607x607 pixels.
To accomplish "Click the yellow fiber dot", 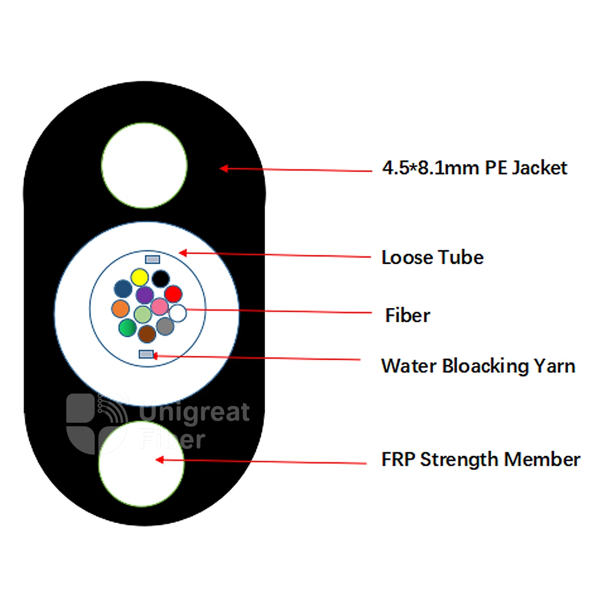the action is point(140,277).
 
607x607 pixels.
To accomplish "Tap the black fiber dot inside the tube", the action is point(161,279).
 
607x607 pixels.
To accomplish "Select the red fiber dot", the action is point(174,294).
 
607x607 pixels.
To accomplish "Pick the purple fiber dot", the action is point(145,295).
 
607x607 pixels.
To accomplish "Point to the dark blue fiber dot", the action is point(123,288).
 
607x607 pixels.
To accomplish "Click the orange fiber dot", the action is point(120,309).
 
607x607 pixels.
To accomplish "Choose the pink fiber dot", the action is point(160,306).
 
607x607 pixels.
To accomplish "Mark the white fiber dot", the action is point(178,313).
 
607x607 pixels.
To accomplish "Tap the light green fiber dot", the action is point(143,314).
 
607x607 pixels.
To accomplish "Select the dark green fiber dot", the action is point(127,328).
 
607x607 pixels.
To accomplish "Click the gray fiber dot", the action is point(165,326).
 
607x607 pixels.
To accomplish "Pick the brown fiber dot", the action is point(147,334).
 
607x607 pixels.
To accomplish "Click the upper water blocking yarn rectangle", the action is point(152,259).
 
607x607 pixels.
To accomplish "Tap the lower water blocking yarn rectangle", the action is point(147,355).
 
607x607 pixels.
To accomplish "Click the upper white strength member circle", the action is point(145,165).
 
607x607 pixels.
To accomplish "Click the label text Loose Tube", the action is point(432,257).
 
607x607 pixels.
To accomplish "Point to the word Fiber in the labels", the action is point(408,315).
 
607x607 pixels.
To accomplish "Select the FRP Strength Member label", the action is point(481,460).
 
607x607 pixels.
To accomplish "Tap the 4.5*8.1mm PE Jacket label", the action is point(474,167).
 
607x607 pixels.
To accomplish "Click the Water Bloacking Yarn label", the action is point(478,366).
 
